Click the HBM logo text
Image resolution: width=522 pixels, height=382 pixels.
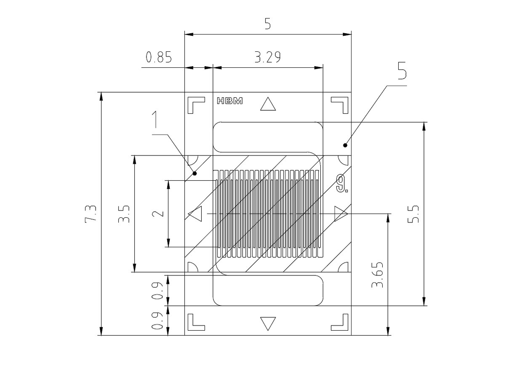(x=229, y=101)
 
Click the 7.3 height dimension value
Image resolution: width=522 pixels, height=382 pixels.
(x=91, y=214)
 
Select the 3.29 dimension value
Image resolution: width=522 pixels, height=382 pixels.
(x=267, y=57)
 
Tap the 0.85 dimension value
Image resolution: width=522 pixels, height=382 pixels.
(x=159, y=57)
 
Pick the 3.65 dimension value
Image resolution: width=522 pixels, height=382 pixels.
(x=378, y=275)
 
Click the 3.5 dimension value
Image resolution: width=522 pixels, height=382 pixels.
(x=124, y=214)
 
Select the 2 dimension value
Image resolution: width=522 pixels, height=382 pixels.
(x=158, y=214)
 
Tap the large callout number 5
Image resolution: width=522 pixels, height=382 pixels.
(x=402, y=71)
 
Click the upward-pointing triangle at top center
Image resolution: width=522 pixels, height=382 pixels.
(x=268, y=104)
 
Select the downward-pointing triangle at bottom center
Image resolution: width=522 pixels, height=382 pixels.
(x=268, y=323)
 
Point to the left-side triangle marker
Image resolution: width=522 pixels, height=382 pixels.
(x=195, y=214)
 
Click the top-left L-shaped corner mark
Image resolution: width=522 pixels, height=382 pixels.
(x=196, y=105)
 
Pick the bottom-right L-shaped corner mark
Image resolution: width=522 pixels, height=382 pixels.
(x=340, y=322)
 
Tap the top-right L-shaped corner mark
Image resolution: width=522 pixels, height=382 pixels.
(x=340, y=105)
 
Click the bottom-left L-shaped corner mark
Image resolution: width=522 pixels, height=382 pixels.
(x=196, y=322)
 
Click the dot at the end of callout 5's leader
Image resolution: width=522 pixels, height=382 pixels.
(x=345, y=145)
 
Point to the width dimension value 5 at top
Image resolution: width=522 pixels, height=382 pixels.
(x=268, y=24)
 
